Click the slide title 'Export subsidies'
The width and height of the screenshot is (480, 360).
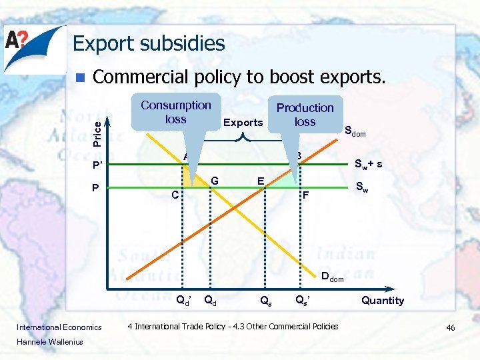click(x=149, y=44)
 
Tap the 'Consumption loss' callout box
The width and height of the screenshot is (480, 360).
click(x=175, y=112)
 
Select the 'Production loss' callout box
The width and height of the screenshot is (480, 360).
click(x=305, y=114)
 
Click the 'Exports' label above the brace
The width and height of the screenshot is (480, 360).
click(x=243, y=123)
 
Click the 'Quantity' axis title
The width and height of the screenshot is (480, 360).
click(x=383, y=301)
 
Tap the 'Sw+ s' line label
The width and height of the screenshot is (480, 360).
click(x=368, y=164)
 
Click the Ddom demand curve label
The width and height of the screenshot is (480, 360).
click(x=332, y=277)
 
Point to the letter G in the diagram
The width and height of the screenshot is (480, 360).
click(x=214, y=181)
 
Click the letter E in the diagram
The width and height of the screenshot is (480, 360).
click(x=261, y=181)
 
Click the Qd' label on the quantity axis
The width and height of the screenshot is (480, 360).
click(x=183, y=300)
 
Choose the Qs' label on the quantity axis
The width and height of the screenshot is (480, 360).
click(x=303, y=300)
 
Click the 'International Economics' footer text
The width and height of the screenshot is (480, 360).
click(x=59, y=327)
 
